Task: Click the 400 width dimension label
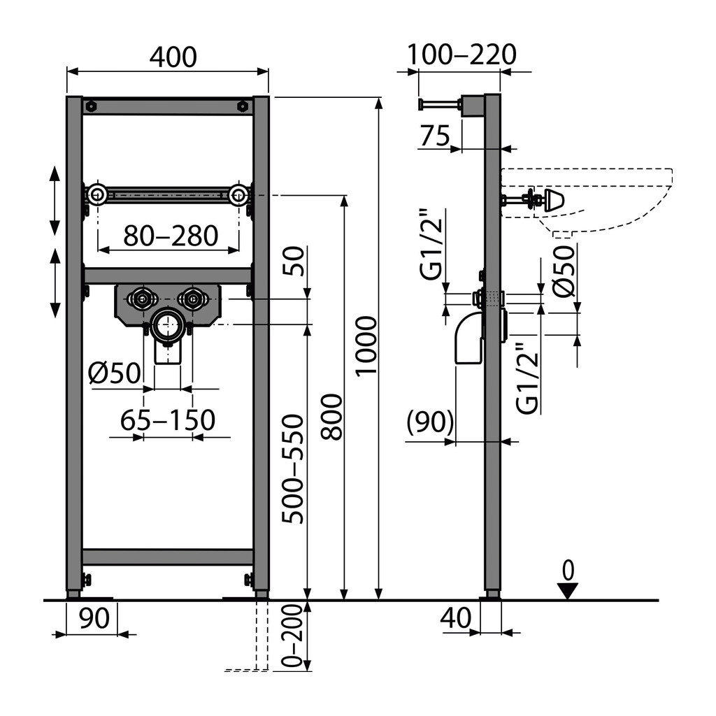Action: [x=173, y=57]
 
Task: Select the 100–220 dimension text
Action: [x=461, y=55]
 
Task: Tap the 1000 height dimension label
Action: [x=366, y=345]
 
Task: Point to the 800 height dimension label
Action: [x=331, y=417]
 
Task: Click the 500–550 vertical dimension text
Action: [x=293, y=468]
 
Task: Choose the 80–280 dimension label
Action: [x=171, y=236]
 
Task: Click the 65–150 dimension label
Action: [x=168, y=420]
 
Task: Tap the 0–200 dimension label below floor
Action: [x=293, y=636]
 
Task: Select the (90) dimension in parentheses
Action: [x=430, y=422]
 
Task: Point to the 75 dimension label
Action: [x=435, y=135]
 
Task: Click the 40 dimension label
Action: [x=456, y=618]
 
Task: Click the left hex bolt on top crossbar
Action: [x=92, y=106]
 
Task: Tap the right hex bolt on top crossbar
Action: [x=243, y=106]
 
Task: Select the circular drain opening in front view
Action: [x=168, y=324]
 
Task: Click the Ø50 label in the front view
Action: [x=114, y=373]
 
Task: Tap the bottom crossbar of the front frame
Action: [x=168, y=557]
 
